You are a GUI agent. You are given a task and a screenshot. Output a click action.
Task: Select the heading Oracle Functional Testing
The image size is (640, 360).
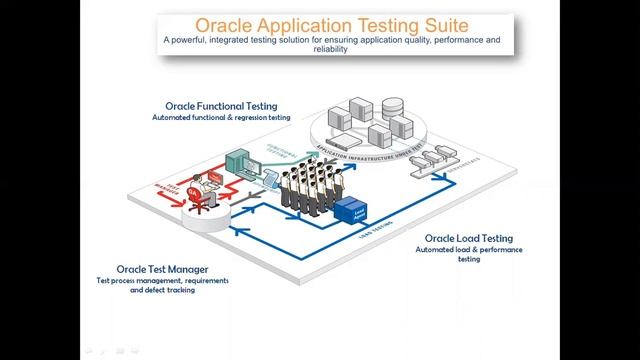coord(221,105)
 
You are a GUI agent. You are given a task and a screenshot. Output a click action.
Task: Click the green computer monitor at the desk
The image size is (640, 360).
coord(241,160)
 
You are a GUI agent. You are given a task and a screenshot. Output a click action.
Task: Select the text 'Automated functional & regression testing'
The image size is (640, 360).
coord(221,117)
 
